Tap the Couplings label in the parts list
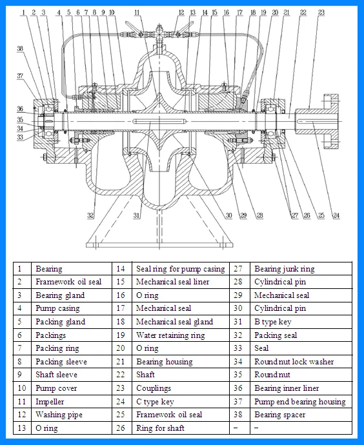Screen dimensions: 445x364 coord(153,388)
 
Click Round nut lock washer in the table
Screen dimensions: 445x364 coord(294,362)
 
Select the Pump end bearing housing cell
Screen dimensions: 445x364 coord(299,401)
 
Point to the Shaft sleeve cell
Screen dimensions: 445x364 coord(56,375)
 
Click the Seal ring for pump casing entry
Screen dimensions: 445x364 coord(180,269)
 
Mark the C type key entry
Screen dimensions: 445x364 coord(154,401)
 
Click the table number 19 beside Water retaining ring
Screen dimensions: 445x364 coord(120,335)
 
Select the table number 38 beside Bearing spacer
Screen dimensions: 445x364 coord(238,415)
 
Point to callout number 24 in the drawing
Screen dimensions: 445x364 coord(336,215)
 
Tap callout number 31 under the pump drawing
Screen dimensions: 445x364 coord(136,215)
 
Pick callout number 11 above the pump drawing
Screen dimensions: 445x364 coord(137,12)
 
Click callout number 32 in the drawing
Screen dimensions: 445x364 coord(91,215)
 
